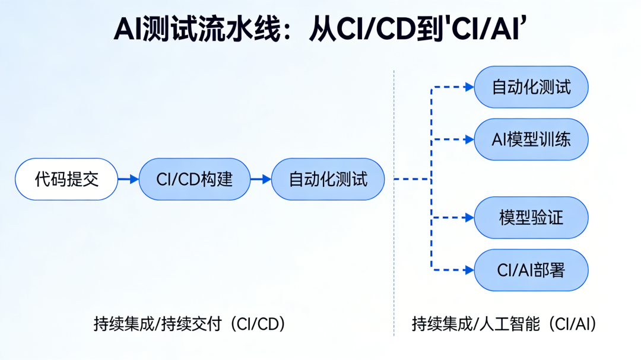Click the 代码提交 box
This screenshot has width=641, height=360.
pyautogui.click(x=66, y=179)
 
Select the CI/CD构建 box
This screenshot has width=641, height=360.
pyautogui.click(x=195, y=179)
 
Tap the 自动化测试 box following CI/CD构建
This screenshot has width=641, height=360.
pyautogui.click(x=328, y=179)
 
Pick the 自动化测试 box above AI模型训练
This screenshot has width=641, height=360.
pyautogui.click(x=531, y=87)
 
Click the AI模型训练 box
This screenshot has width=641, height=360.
pyautogui.click(x=531, y=139)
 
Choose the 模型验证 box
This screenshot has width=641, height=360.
pyautogui.click(x=531, y=218)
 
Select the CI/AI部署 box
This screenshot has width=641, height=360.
pyautogui.click(x=531, y=270)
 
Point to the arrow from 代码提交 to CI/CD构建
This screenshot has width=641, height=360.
pyautogui.click(x=128, y=179)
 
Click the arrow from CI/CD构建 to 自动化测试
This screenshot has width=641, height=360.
pyautogui.click(x=261, y=179)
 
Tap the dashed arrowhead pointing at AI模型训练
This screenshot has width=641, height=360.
pyautogui.click(x=469, y=139)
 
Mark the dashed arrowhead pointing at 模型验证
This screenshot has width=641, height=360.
pyautogui.click(x=469, y=218)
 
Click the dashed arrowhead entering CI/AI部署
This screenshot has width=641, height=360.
pyautogui.click(x=469, y=270)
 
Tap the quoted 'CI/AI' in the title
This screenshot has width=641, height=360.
pyautogui.click(x=485, y=28)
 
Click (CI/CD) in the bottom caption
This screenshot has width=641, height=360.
pyautogui.click(x=258, y=324)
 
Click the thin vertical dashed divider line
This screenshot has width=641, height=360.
pyautogui.click(x=394, y=203)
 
